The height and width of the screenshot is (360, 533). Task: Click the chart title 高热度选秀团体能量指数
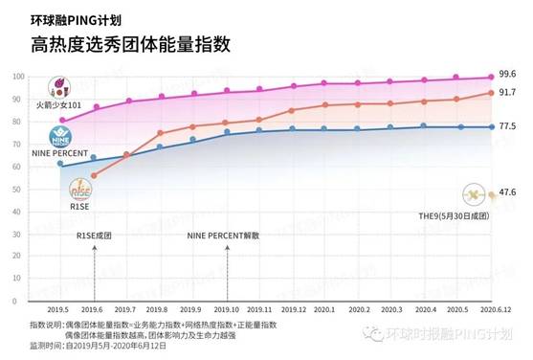[x=130, y=44]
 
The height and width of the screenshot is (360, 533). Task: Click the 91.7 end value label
[x=508, y=93]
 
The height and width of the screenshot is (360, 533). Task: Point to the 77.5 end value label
[x=508, y=126]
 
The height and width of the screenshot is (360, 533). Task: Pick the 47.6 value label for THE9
[x=508, y=192]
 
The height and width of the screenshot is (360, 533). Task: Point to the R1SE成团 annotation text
[x=94, y=234]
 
